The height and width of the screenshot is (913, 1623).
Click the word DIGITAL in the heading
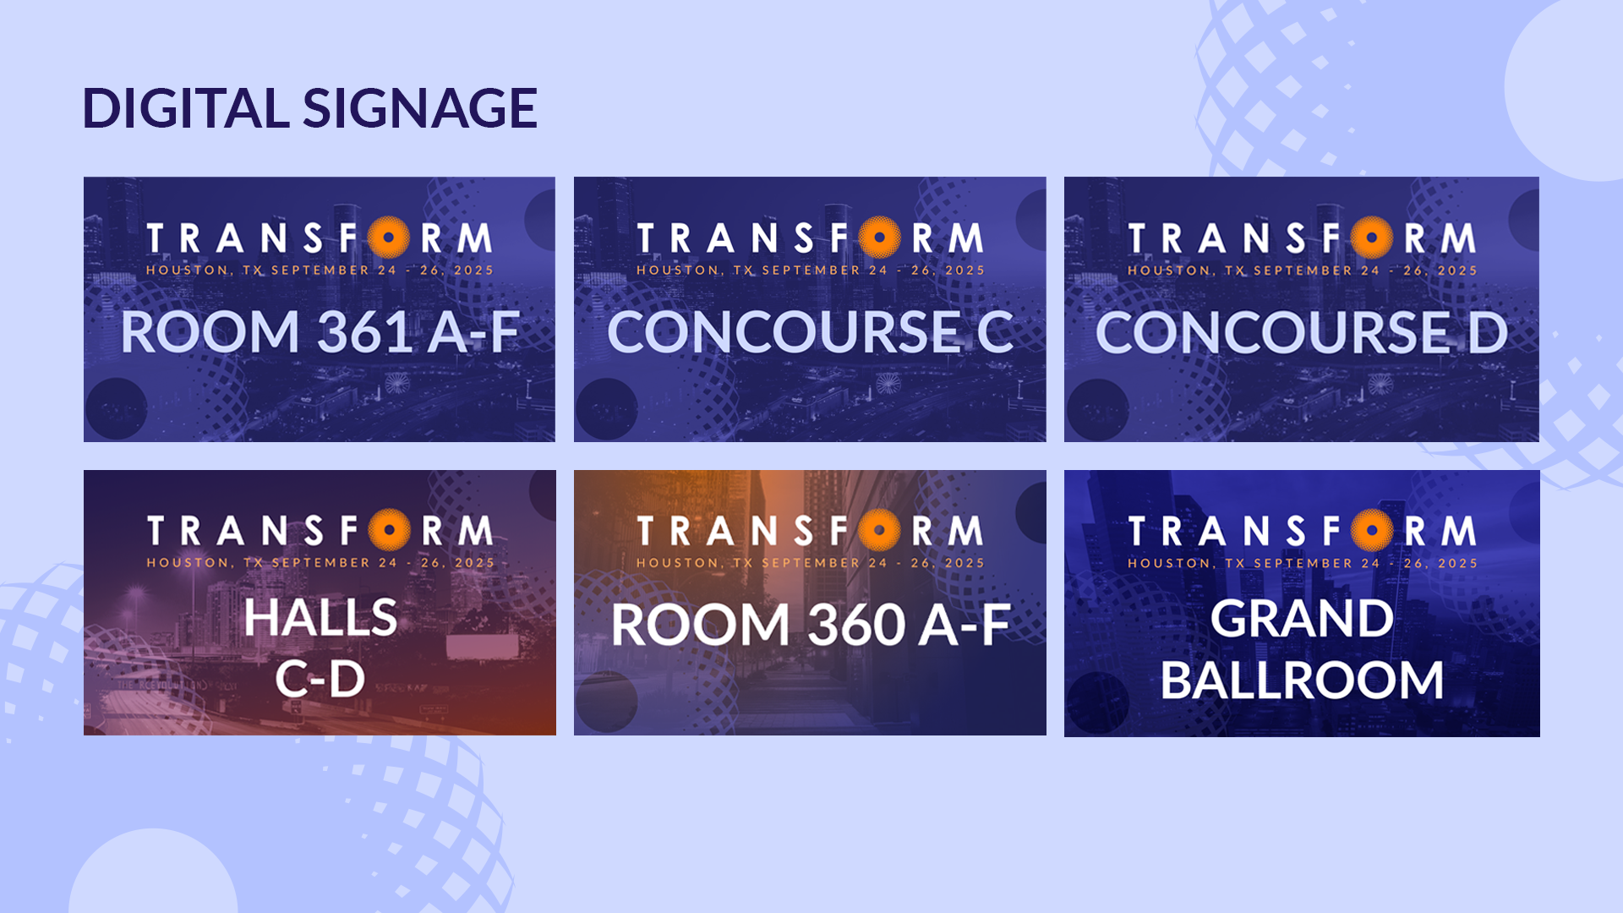(x=186, y=108)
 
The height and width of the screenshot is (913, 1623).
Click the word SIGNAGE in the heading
(x=420, y=108)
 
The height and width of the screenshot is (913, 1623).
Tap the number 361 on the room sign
(x=365, y=331)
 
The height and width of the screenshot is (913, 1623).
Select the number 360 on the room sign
(x=855, y=625)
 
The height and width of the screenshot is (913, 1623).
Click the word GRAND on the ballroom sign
(x=1302, y=618)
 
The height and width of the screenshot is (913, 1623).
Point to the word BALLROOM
(x=1302, y=680)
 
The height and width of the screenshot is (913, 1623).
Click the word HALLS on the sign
(x=320, y=617)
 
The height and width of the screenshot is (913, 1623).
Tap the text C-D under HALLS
(x=320, y=679)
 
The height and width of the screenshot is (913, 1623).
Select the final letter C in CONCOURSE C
(x=995, y=332)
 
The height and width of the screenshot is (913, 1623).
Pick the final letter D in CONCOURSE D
(x=1488, y=332)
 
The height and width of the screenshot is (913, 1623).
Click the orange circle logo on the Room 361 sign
(x=389, y=238)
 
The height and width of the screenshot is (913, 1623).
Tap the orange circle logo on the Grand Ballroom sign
(x=1371, y=531)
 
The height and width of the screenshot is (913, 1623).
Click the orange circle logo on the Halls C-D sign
(x=389, y=530)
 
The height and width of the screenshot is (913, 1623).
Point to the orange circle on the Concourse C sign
(x=880, y=238)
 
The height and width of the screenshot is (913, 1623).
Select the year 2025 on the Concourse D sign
(x=1457, y=271)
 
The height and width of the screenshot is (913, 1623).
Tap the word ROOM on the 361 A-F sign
(x=210, y=331)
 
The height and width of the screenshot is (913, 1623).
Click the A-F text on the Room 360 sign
(x=965, y=625)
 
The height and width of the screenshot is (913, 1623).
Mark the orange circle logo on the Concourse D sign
(x=1371, y=238)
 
